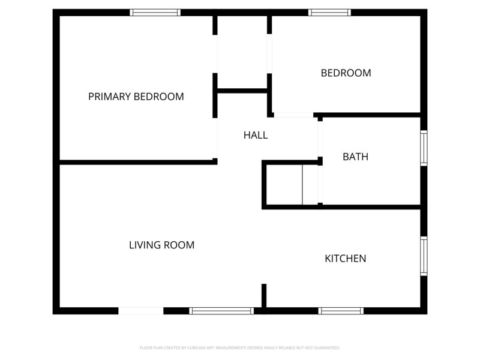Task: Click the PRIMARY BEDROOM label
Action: coord(136,97)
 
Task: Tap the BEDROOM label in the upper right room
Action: coord(346,73)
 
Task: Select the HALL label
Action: coord(256,136)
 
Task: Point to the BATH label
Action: coord(355,157)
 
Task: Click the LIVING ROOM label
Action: coord(162,245)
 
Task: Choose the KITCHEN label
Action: coord(345,259)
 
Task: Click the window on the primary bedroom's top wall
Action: coord(155,12)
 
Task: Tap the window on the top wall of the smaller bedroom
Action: coord(329,12)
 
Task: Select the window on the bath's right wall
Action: coord(424,148)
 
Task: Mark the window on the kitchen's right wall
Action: coord(424,256)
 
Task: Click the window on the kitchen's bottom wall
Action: coord(341,311)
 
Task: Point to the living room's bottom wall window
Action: coord(221,311)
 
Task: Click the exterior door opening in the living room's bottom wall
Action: coord(140,311)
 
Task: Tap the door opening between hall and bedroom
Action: coord(293,115)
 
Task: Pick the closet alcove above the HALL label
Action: coord(242,53)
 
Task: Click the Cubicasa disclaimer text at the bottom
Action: coord(240,348)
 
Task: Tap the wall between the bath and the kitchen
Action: coord(372,207)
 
